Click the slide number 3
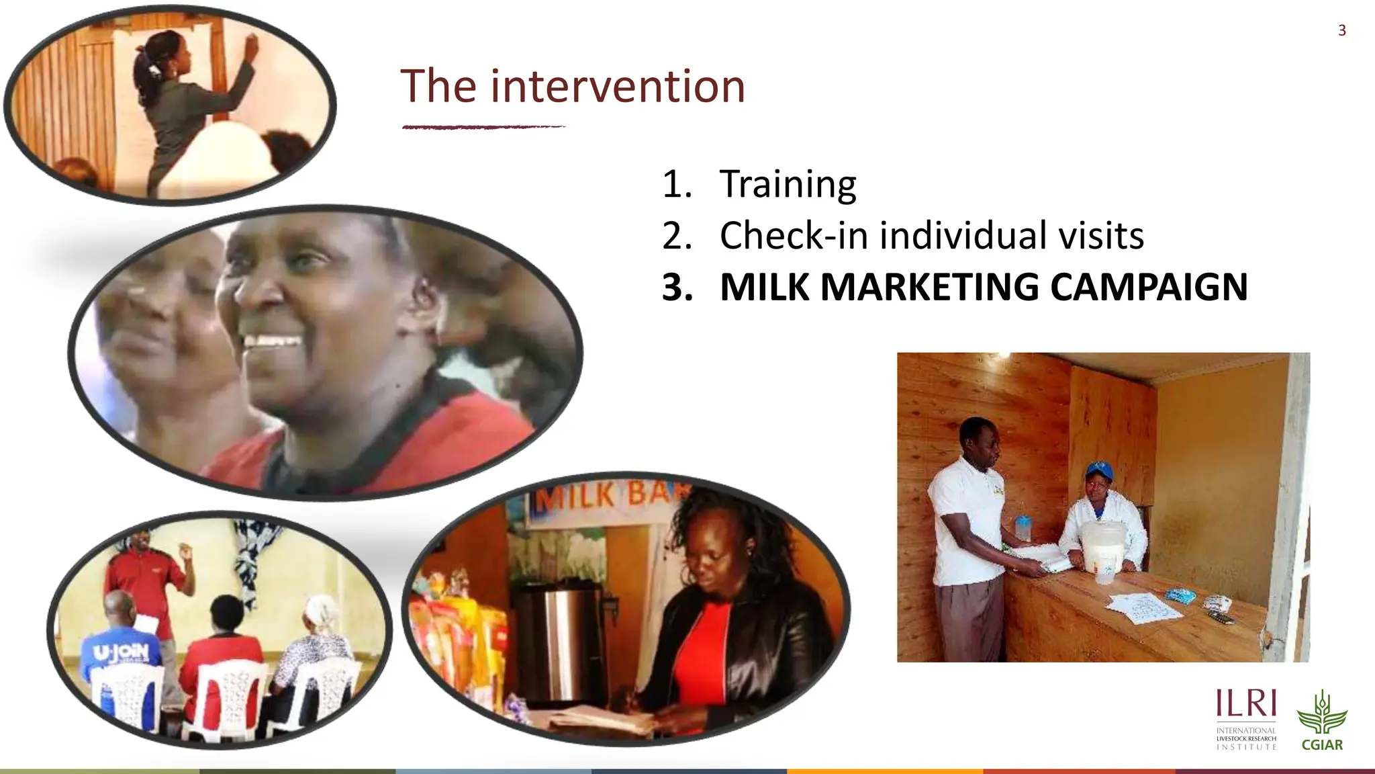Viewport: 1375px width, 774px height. click(x=1341, y=30)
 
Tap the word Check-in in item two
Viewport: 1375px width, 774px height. click(x=793, y=235)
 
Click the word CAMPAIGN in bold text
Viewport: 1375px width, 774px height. click(x=1148, y=287)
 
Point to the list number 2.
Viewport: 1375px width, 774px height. click(x=676, y=236)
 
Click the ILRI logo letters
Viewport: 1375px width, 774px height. click(x=1245, y=703)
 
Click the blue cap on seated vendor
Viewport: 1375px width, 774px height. click(x=1099, y=468)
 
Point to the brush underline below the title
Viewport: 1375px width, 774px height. click(x=483, y=126)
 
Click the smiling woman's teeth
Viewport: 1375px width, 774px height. click(x=272, y=341)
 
